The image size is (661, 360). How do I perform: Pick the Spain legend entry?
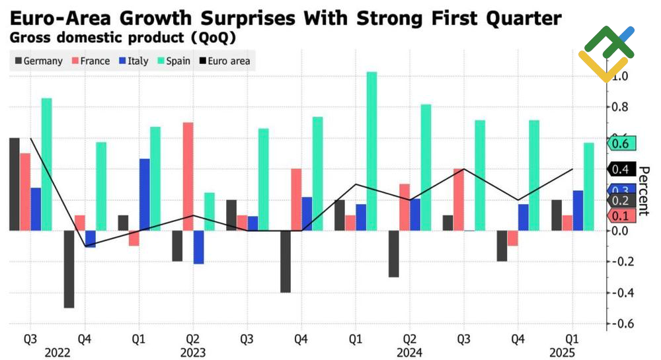173,61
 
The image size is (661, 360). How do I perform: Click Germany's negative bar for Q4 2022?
69,269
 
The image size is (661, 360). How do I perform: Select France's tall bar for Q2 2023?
188,176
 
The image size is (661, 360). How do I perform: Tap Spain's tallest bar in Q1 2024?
371,151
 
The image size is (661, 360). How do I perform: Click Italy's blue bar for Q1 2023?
145,194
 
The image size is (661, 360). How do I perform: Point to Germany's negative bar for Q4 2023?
286,262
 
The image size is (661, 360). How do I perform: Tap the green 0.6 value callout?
620,143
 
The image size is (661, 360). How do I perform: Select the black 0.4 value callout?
620,170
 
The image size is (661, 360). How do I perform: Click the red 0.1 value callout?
620,215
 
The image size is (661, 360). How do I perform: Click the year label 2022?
58,352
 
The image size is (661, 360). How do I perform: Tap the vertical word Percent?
643,192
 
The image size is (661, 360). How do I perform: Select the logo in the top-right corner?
607,53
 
